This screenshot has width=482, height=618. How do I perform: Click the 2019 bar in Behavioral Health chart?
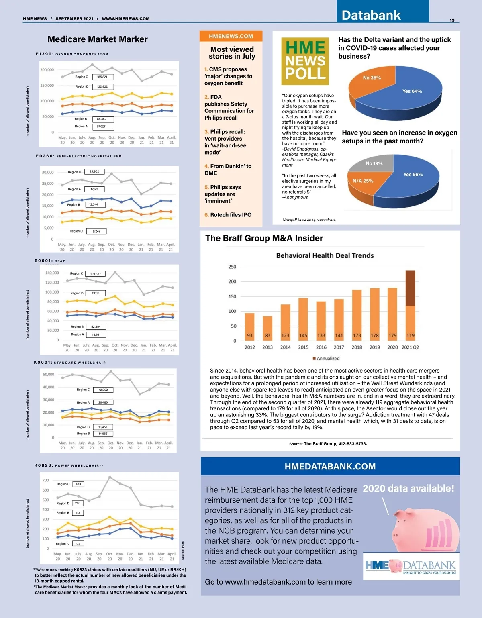[375, 313]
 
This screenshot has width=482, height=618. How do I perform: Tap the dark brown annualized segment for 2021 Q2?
[410, 288]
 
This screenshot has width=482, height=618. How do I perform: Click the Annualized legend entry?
[326, 358]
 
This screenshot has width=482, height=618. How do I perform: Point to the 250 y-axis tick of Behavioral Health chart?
[232, 267]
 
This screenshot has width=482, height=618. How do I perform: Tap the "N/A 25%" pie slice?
[363, 183]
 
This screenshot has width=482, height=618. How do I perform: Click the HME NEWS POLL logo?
[305, 61]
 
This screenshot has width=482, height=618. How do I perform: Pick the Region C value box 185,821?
[102, 77]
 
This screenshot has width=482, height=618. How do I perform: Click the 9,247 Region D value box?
[96, 231]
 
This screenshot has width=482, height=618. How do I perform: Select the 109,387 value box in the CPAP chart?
[96, 274]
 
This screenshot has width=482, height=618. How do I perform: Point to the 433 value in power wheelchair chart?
[78, 484]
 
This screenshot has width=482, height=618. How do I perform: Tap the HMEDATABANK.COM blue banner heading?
[330, 466]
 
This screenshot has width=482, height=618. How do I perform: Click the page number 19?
[452, 20]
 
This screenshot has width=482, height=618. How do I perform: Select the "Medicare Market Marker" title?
[98, 39]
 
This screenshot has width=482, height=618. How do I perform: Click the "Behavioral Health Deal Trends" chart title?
[325, 255]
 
